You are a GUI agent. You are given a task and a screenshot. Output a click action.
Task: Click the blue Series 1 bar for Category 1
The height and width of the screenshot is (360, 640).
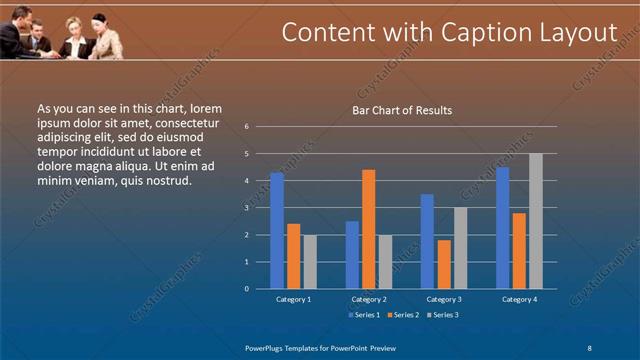277,230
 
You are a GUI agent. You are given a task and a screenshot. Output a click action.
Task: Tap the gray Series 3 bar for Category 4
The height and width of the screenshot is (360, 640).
536,221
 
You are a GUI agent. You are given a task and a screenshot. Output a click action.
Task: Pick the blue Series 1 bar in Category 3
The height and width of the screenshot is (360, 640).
428,241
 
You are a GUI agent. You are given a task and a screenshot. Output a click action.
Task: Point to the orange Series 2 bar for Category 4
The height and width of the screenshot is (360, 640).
519,250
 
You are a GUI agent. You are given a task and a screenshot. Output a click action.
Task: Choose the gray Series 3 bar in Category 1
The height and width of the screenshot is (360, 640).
310,261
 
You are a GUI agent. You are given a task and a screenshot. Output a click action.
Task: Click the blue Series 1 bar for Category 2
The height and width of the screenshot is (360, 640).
352,254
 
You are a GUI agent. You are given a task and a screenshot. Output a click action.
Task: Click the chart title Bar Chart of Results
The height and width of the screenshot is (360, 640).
402,110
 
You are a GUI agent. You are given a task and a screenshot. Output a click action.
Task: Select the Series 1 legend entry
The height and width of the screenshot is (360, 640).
363,315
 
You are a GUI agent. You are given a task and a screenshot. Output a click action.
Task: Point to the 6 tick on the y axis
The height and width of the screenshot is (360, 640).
246,127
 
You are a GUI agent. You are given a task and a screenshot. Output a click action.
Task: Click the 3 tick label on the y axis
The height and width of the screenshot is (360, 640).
246,208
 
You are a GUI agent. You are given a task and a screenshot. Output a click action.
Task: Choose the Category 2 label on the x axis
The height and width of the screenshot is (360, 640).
369,299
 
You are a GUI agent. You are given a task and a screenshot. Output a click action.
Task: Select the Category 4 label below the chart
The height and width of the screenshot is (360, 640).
519,299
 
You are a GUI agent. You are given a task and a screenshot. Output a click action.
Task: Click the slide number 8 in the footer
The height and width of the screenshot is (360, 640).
589,346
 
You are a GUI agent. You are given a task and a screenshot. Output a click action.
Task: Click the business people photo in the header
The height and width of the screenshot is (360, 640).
62,30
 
